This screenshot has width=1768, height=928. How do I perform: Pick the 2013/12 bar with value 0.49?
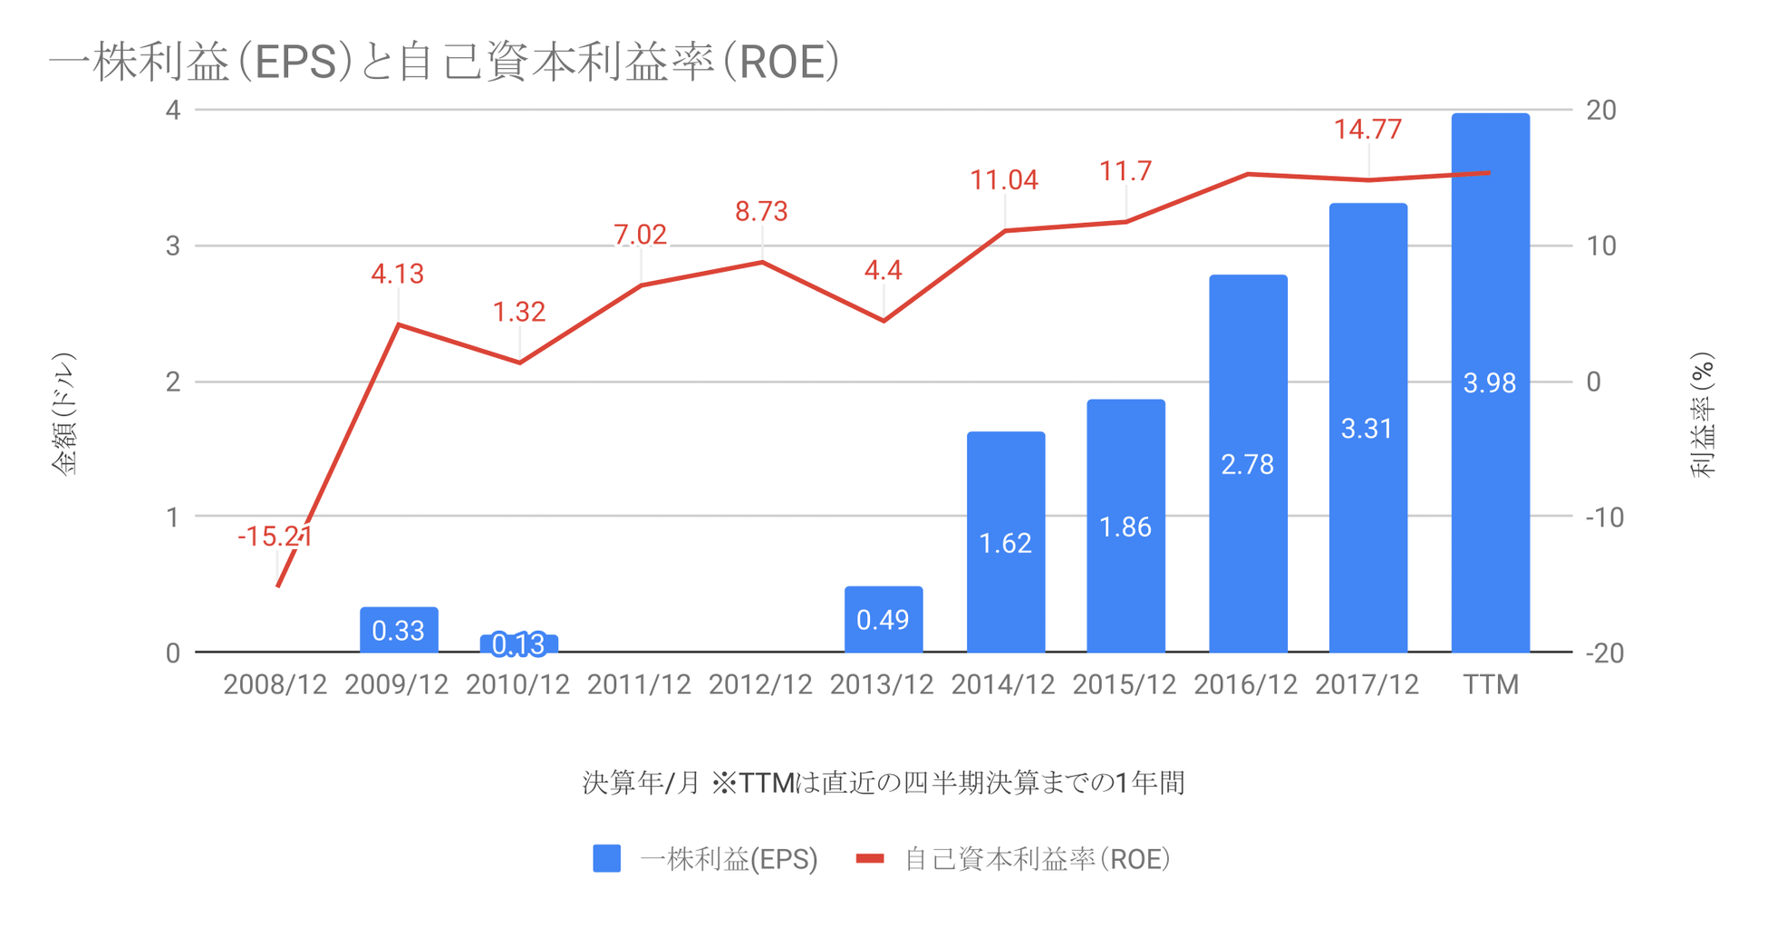pyautogui.click(x=883, y=620)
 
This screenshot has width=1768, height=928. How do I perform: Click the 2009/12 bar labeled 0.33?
pyautogui.click(x=398, y=630)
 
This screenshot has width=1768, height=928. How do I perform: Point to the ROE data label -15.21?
pyautogui.click(x=275, y=536)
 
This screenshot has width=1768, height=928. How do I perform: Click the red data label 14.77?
pyautogui.click(x=1367, y=130)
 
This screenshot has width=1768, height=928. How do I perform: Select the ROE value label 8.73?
pyautogui.click(x=761, y=211)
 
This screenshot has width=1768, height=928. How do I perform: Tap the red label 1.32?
pyautogui.click(x=518, y=312)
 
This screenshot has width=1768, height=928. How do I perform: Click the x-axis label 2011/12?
pyautogui.click(x=639, y=685)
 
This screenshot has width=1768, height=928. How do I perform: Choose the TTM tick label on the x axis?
pyautogui.click(x=1490, y=685)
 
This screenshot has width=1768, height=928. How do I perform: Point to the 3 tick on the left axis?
pyautogui.click(x=173, y=246)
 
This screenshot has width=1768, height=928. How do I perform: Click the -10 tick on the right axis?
pyautogui.click(x=1604, y=517)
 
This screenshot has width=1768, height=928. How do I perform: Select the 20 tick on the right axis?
pyautogui.click(x=1601, y=110)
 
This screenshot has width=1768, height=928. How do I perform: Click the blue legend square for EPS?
pyautogui.click(x=606, y=858)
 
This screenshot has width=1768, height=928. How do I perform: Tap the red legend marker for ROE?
pyautogui.click(x=870, y=858)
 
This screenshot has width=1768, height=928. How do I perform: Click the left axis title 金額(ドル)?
pyautogui.click(x=64, y=413)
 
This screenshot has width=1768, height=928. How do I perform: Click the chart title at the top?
pyautogui.click(x=444, y=63)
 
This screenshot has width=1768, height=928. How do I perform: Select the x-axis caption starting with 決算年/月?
pyautogui.click(x=883, y=782)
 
